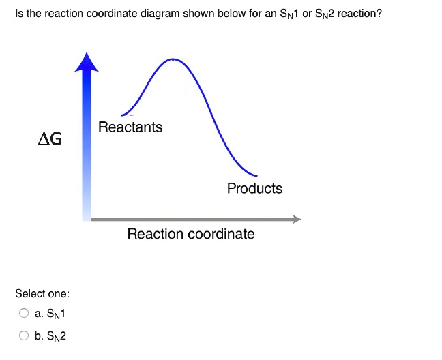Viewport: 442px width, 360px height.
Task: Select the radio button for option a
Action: (24, 313)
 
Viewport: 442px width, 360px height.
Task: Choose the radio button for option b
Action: (24, 335)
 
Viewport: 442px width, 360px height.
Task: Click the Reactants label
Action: (130, 127)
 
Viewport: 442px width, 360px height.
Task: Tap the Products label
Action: (254, 188)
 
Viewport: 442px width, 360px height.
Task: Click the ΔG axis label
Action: (50, 139)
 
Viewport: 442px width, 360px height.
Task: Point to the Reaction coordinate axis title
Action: (191, 234)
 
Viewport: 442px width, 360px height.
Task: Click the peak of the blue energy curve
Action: (173, 59)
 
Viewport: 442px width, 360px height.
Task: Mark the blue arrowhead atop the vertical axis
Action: (87, 62)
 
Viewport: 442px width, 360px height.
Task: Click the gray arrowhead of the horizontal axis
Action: (297, 219)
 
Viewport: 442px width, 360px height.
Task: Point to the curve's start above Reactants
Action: (121, 115)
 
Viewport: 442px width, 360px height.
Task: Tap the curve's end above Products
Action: (256, 176)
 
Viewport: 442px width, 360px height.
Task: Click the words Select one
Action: (42, 293)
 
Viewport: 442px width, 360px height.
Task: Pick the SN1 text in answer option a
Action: (56, 314)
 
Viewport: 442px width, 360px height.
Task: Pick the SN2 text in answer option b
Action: (56, 336)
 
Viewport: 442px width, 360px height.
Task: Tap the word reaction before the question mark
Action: (356, 13)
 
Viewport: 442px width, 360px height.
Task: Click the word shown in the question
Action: (198, 13)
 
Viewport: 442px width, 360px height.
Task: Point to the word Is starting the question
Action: (19, 13)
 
